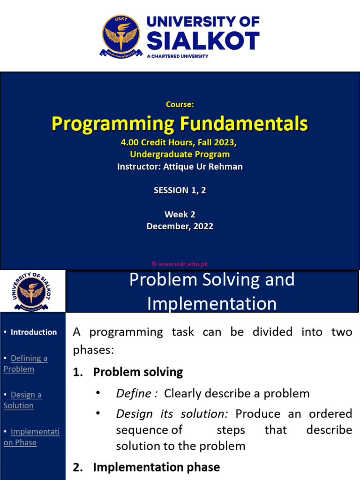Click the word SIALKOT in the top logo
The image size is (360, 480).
pyautogui.click(x=203, y=41)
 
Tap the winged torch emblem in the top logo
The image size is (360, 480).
pyautogui.click(x=121, y=36)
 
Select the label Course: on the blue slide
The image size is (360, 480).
pyautogui.click(x=180, y=105)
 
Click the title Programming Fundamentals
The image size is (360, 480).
pyautogui.click(x=180, y=124)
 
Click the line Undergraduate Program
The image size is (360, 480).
pyautogui.click(x=180, y=154)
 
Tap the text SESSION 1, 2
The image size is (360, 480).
pyautogui.click(x=180, y=190)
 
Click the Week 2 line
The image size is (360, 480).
pyautogui.click(x=180, y=214)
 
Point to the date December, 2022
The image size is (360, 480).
pyautogui.click(x=180, y=226)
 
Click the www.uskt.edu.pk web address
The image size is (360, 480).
pyautogui.click(x=183, y=264)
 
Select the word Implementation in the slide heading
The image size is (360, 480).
pyautogui.click(x=212, y=304)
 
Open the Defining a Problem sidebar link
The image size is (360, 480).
pyautogui.click(x=26, y=363)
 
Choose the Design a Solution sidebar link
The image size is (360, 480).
pyautogui.click(x=23, y=400)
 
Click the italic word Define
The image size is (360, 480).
pyautogui.click(x=134, y=393)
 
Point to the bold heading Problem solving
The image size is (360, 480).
pyautogui.click(x=138, y=372)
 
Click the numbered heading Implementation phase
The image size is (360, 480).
pyautogui.click(x=156, y=467)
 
